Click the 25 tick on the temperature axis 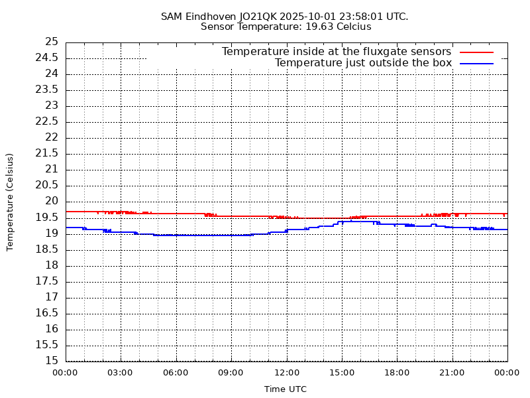[x=51, y=42]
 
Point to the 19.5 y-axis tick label [x=48, y=218]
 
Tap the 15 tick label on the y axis [x=51, y=361]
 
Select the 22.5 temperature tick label [x=48, y=121]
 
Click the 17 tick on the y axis [x=51, y=297]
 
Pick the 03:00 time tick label [x=120, y=373]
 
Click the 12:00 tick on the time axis [x=286, y=373]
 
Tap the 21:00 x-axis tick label [x=452, y=373]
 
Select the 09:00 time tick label [x=231, y=373]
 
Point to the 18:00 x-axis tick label [x=397, y=373]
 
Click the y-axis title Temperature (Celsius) [x=10, y=202]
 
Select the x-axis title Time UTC [x=286, y=389]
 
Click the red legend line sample [x=477, y=52]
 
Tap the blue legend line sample [x=477, y=63]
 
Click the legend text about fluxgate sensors [x=337, y=52]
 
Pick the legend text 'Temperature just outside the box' [x=363, y=63]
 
